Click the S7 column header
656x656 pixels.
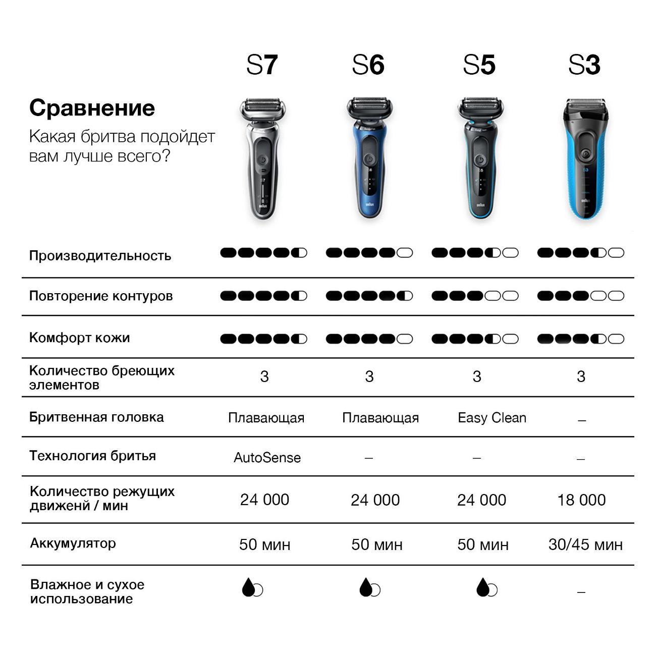tap(262, 65)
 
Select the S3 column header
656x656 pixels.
tap(584, 65)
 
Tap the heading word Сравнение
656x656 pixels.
tap(92, 108)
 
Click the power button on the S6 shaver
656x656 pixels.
tap(369, 158)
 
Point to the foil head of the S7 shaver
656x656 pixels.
tap(263, 109)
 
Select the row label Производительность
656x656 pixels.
tap(100, 256)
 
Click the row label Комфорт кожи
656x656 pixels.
tap(80, 338)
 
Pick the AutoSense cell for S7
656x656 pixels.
tap(267, 458)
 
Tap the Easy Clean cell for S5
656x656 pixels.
tap(492, 418)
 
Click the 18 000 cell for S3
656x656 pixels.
tap(581, 500)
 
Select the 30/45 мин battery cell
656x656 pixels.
tap(585, 544)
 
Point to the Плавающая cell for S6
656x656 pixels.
tap(380, 418)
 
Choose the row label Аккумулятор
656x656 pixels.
tap(73, 543)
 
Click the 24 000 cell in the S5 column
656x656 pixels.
tap(482, 500)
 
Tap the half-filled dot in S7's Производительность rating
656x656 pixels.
tap(299, 253)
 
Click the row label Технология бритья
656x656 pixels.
tap(92, 456)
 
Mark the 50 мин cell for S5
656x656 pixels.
tap(483, 544)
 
